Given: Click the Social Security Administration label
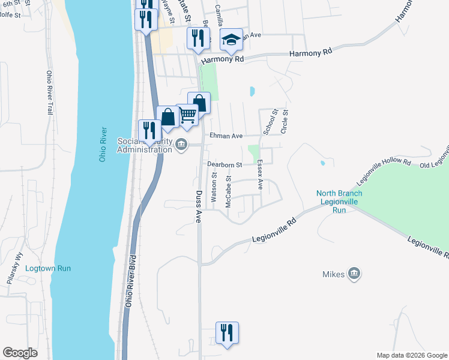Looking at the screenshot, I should click(x=144, y=145).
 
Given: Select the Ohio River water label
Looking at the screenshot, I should click(x=103, y=143).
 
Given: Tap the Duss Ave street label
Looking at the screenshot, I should click(x=198, y=207).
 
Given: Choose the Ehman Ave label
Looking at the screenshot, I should click(x=226, y=136).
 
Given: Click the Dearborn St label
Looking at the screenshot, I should click(x=224, y=164).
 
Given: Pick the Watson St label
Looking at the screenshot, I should click(x=214, y=187).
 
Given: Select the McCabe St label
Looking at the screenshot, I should click(x=228, y=193).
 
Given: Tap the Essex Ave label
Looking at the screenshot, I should click(x=260, y=175).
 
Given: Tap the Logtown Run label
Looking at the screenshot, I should click(x=48, y=268).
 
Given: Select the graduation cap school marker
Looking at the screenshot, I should click(x=231, y=40).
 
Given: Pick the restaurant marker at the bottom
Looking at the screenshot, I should click(x=227, y=332).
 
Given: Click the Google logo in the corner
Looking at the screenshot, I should click(x=20, y=353).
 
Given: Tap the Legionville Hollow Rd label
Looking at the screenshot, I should click(x=384, y=172).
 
